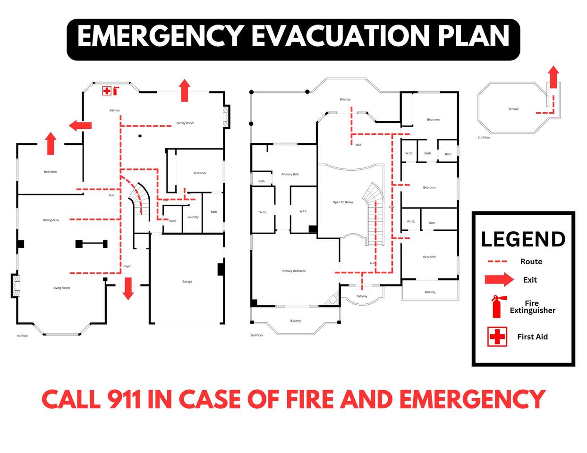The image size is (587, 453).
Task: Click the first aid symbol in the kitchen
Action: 107,91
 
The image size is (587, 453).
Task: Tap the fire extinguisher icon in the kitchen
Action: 115,91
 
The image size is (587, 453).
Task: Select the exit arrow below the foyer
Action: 128,288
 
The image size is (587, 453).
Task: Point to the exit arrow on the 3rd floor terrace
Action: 553,77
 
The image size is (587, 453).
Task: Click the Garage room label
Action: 187,281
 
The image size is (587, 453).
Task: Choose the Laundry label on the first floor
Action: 193,217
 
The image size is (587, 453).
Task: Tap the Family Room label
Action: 185,123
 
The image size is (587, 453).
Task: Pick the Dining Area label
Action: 51,220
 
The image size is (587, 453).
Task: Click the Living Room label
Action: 61,288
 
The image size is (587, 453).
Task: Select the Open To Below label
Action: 343,202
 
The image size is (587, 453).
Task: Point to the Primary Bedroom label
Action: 293,271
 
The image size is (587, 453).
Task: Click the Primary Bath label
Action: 290,174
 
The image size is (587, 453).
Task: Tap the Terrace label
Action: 513,109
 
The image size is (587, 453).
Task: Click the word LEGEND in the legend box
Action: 523,239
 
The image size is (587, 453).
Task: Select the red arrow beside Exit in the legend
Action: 499,279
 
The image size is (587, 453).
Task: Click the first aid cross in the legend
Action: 497,336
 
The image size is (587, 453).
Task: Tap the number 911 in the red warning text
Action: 124,399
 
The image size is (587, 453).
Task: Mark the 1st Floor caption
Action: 22,336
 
